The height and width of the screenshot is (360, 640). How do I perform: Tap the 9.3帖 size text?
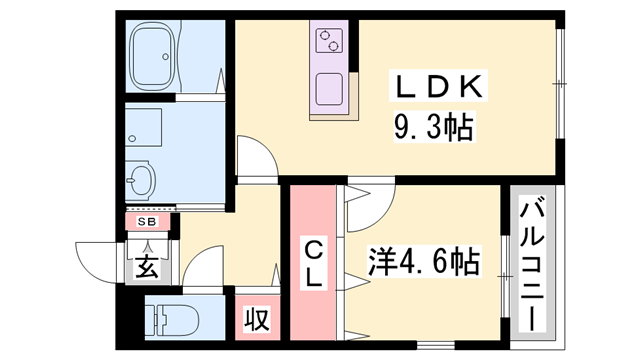431,126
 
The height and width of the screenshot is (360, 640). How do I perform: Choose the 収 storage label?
256,320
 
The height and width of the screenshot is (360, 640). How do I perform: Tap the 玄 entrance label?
147,267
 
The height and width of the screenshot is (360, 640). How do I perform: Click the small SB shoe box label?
146,221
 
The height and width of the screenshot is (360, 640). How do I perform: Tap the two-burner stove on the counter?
329,41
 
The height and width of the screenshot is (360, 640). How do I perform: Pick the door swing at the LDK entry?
254,159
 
